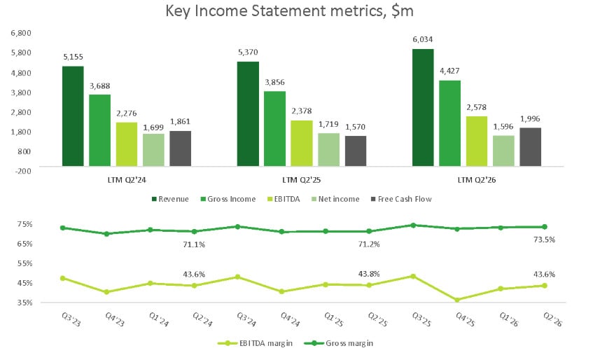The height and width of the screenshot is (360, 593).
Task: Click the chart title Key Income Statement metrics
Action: (x=296, y=12)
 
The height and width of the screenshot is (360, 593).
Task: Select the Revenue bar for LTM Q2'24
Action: (x=73, y=116)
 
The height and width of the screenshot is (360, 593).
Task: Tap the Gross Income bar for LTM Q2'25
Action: (x=274, y=129)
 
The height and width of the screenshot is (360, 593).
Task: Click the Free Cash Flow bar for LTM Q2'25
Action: (x=355, y=151)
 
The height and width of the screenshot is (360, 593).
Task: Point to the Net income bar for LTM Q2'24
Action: (x=153, y=150)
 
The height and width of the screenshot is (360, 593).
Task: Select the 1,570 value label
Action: (x=355, y=127)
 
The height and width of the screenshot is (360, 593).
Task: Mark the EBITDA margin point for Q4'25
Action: (x=457, y=300)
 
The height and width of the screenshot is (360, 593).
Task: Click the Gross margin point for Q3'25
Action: (x=413, y=226)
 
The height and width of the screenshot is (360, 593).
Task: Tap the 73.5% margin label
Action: (x=543, y=240)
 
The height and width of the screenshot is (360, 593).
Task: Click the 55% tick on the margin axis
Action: (x=25, y=263)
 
